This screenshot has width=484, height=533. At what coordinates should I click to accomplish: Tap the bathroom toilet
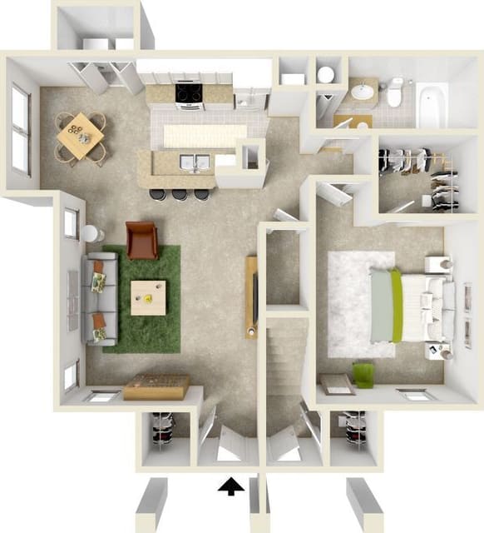394,94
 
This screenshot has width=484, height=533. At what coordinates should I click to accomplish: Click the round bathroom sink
362,92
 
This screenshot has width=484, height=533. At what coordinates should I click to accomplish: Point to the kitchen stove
190,95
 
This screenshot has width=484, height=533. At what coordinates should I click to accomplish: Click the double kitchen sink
194,162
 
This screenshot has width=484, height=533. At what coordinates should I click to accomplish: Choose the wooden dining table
80,136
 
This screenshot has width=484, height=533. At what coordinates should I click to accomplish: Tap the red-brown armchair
142,240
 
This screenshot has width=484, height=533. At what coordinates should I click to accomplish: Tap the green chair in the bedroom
364,375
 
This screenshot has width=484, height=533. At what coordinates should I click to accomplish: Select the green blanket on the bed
398,306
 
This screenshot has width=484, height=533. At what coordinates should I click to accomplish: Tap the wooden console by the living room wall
156,387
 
